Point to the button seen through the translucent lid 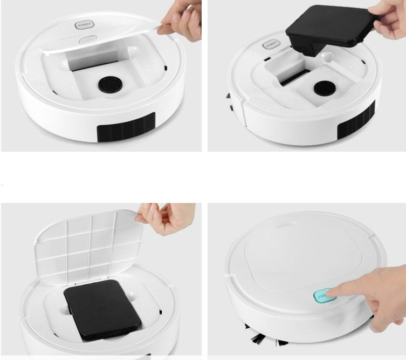[x=86, y=39]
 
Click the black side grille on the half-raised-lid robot [x=126, y=127]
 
